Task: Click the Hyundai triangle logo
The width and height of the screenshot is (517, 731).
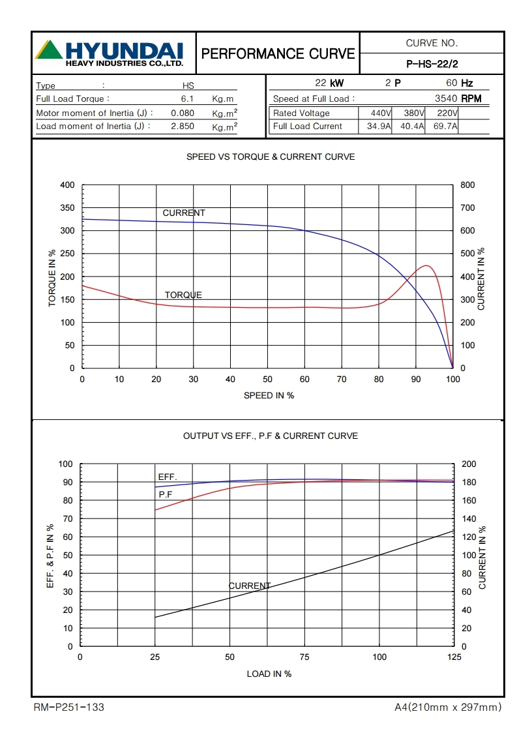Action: (x=49, y=50)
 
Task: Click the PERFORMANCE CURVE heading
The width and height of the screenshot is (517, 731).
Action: (x=278, y=53)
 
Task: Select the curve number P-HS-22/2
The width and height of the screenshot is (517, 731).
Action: (x=432, y=64)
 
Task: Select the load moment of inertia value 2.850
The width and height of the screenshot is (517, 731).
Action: (x=183, y=127)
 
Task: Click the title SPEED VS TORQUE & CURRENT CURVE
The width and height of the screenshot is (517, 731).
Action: (x=271, y=157)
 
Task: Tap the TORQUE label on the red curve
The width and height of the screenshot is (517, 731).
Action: (x=183, y=295)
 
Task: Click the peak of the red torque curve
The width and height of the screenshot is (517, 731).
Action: (x=426, y=265)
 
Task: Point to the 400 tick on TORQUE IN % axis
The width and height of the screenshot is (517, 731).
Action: (x=67, y=185)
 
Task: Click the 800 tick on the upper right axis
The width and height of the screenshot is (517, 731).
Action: (x=467, y=185)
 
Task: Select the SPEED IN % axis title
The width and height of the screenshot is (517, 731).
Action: (x=269, y=396)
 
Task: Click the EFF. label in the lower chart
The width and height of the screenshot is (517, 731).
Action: (x=168, y=477)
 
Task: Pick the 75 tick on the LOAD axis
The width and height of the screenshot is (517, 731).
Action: (x=304, y=657)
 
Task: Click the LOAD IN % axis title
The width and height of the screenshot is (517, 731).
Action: (x=269, y=674)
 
